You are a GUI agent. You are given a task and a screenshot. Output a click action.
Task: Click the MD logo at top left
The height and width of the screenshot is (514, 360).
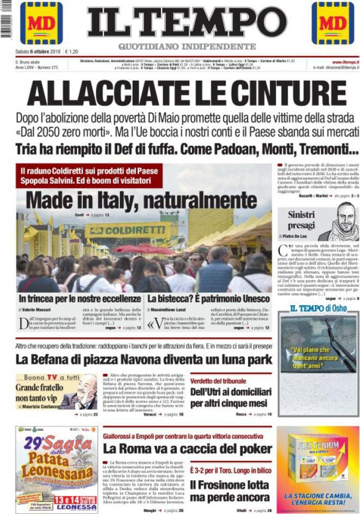pyautogui.click(x=41, y=23)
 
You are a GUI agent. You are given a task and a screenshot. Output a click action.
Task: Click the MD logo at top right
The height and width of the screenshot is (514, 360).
pyautogui.click(x=332, y=23)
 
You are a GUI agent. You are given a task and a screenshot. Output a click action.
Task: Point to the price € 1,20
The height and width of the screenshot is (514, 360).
pyautogui.click(x=71, y=52)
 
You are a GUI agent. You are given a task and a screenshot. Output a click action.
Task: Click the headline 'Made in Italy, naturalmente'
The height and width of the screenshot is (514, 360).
pyautogui.click(x=133, y=200)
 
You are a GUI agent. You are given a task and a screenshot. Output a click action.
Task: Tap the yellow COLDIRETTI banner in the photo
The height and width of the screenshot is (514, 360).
pyautogui.click(x=127, y=231)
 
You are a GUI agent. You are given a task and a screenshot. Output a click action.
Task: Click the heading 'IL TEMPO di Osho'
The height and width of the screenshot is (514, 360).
pyautogui.click(x=318, y=308)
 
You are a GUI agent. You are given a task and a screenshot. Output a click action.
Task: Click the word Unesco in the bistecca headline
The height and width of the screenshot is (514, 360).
pyautogui.click(x=255, y=299)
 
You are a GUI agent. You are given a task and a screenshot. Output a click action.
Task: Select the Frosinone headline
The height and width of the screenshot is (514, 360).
pyautogui.click(x=229, y=490)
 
